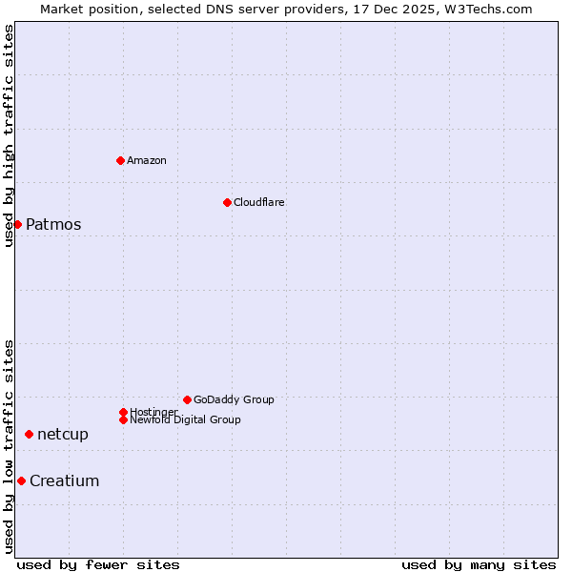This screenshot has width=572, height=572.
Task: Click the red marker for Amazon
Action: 120,160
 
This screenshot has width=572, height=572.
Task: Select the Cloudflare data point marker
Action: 227,202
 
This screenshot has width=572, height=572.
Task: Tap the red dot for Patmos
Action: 17,224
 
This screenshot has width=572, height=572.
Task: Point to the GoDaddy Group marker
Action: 187,399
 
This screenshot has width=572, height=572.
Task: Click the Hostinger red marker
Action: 123,412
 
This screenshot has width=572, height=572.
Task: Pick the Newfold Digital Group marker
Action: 123,419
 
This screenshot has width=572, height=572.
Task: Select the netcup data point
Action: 29,434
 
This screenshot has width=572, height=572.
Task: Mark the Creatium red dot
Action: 21,480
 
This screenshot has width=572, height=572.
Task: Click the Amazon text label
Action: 147,160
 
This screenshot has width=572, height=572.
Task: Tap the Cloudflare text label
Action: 259,202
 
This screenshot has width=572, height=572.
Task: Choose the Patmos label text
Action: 53,225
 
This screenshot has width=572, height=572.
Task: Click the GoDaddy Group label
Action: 234,399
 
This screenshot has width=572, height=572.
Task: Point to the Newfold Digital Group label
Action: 186,419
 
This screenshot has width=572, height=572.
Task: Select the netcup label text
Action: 63,435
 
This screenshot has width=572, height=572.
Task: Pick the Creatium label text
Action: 65,481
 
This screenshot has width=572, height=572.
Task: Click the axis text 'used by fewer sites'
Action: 98,564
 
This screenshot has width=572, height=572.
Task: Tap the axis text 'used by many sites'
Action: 479,564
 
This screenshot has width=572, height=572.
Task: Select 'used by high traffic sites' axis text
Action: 10,135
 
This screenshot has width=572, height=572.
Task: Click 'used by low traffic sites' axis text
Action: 10,446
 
